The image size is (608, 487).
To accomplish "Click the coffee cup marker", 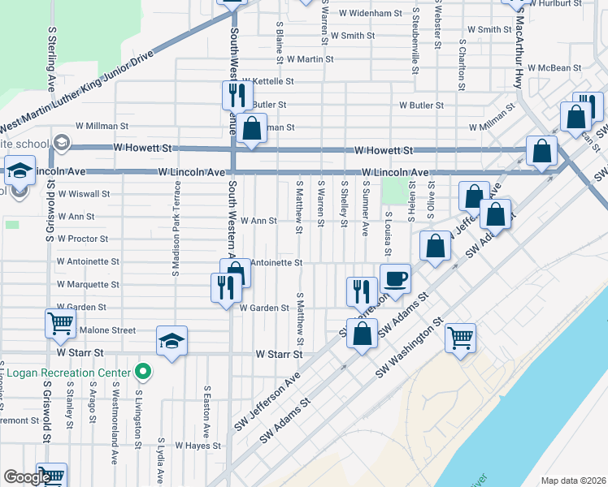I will click(396, 279).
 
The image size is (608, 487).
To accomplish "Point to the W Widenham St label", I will click(371, 13).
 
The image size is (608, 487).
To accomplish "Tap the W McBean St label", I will click(553, 69).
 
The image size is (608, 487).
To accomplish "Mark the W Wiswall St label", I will click(83, 194).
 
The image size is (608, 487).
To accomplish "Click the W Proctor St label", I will click(82, 239).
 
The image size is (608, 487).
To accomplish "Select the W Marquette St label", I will click(88, 285).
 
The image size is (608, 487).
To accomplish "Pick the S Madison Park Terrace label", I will click(175, 239).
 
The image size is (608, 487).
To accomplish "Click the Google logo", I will click(27, 478).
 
